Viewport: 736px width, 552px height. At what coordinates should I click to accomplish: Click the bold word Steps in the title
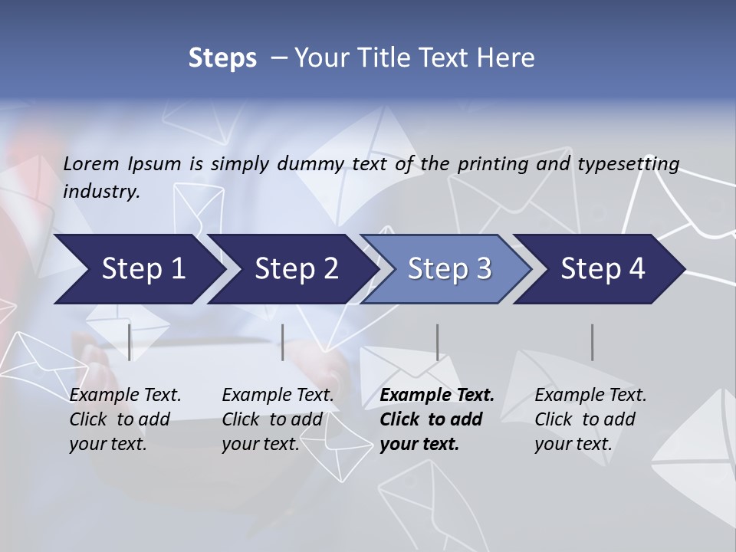point(222,58)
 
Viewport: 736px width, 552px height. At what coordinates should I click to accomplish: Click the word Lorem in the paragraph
point(91,163)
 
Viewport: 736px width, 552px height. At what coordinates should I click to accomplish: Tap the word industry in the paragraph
point(101,192)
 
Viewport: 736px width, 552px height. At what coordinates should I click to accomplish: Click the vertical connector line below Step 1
point(130,342)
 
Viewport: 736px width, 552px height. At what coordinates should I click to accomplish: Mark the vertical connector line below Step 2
point(283,342)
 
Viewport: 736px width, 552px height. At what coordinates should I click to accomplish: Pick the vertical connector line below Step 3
point(437,342)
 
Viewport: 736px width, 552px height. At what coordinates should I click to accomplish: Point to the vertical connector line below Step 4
point(592,342)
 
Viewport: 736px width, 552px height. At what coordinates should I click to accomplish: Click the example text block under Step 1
point(125,419)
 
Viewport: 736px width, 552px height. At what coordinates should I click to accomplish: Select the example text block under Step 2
point(278,419)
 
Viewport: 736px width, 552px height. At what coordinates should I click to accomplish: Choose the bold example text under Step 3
point(437,419)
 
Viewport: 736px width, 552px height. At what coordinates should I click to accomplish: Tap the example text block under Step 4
point(590,419)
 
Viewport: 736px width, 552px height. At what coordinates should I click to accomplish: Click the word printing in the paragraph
point(495,163)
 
